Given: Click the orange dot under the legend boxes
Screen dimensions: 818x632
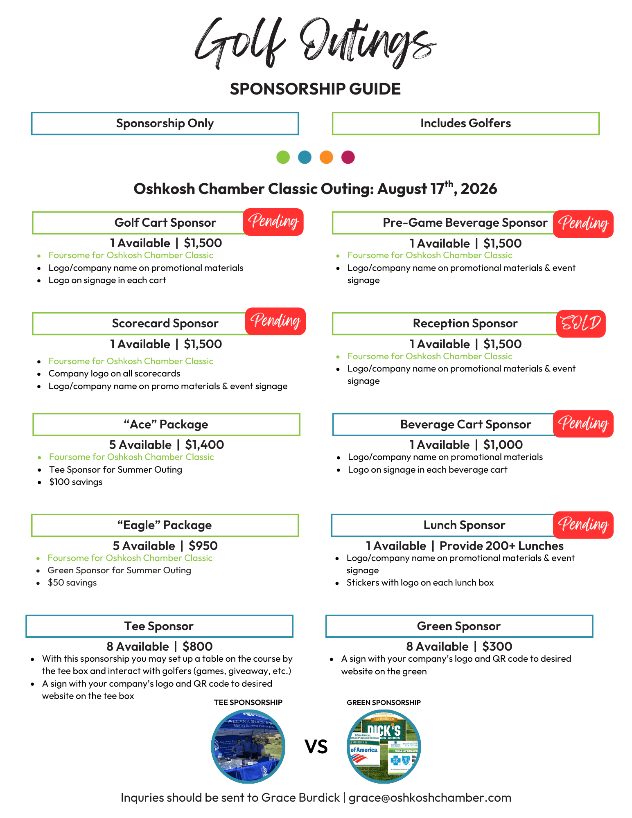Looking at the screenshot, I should pos(326,157).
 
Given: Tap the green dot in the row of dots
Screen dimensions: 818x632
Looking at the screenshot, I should pos(283,157).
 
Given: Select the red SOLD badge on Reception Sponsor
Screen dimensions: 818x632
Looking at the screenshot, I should pos(581,324).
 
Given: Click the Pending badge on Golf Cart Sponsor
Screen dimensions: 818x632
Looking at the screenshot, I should pos(273,222).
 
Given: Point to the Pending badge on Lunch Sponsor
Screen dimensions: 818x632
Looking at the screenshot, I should pos(583,525).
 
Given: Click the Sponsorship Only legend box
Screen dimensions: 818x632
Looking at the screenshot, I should pos(165,124).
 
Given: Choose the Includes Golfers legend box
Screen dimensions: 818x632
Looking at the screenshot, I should pos(465,124).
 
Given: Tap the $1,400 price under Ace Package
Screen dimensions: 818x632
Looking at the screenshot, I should pos(205,445).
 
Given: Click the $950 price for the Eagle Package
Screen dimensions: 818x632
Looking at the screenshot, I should pos(203,546).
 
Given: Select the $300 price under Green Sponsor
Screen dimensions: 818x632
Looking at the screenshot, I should pos(497,647).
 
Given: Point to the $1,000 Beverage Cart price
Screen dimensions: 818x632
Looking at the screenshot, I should pos(503,445).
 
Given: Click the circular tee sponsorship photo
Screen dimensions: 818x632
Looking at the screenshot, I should pos(248,746).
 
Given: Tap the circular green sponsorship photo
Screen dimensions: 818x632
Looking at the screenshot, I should pos(384,746).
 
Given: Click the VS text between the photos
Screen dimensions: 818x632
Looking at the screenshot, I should pos(316,747).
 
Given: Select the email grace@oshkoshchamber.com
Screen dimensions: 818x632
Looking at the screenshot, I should pos(430,798).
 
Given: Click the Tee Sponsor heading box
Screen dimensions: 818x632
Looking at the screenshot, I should pos(159,626).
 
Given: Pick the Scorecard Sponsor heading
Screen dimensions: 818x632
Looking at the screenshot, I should pos(165,324).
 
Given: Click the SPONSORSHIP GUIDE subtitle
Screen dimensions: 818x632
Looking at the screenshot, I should pos(315,89).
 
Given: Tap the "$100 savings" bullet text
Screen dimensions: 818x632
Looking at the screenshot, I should pos(76,482).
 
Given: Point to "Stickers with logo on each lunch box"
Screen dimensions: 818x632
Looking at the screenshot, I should pos(420,583).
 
